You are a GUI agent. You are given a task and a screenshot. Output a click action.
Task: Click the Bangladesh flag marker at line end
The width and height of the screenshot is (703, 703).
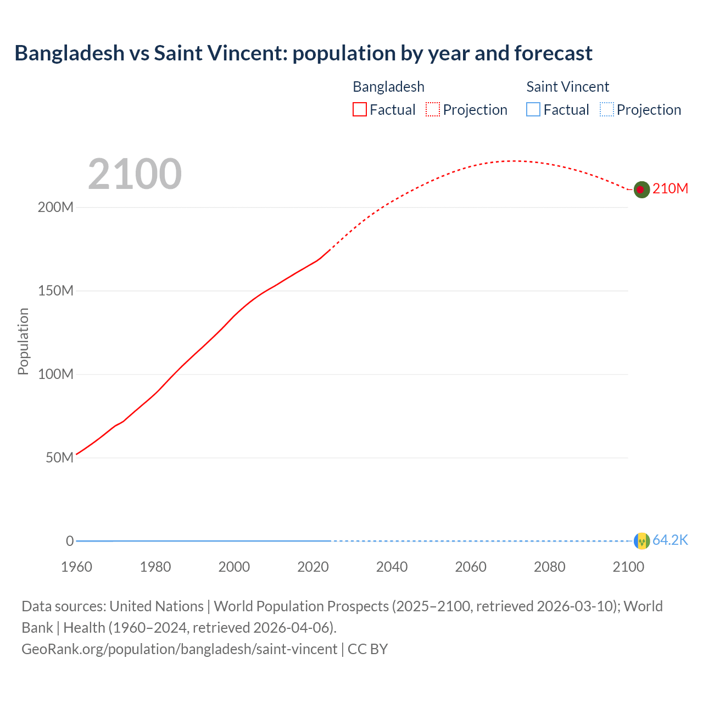pos(641,189)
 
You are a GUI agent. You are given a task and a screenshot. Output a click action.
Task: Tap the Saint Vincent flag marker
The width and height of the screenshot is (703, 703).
pos(641,541)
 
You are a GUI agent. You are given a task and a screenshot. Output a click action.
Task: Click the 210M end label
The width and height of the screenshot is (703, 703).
pos(670,189)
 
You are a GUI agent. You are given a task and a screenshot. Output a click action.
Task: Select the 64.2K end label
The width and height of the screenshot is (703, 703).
pos(670,540)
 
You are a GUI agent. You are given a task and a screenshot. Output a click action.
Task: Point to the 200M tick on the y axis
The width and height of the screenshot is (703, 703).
pos(55,208)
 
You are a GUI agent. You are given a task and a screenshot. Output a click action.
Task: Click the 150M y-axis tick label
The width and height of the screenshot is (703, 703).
pos(55,291)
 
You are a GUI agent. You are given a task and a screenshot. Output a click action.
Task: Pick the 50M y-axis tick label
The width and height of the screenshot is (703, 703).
pos(59,458)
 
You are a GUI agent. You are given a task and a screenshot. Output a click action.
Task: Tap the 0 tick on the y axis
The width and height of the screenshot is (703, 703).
pos(70,542)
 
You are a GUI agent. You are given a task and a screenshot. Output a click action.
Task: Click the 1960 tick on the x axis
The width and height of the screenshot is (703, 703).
pos(76,567)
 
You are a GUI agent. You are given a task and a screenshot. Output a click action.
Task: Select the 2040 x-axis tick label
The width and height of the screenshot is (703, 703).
pos(392,567)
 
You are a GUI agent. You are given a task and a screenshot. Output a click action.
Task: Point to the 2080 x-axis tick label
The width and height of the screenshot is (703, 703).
pos(549,567)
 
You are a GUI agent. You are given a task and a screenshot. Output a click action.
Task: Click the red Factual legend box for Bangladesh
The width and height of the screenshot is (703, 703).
pos(360,110)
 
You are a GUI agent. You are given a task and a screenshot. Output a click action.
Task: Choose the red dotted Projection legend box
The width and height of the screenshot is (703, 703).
pos(433,110)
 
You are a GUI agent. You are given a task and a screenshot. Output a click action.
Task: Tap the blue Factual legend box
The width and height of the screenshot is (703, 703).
pos(533,110)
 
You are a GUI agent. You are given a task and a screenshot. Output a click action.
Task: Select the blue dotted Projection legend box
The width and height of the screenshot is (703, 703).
pos(606,110)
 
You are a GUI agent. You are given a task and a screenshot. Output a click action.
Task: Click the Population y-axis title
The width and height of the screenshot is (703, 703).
pos(23,341)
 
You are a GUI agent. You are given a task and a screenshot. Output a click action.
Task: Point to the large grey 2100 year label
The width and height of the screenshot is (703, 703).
pos(135,174)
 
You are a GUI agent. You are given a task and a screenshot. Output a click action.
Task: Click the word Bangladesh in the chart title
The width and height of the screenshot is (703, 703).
pos(70,53)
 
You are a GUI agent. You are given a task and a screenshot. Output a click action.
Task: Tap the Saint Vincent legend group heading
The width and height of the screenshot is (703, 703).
pos(567,87)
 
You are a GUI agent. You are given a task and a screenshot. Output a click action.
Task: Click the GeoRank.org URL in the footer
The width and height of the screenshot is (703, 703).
pos(179,649)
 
